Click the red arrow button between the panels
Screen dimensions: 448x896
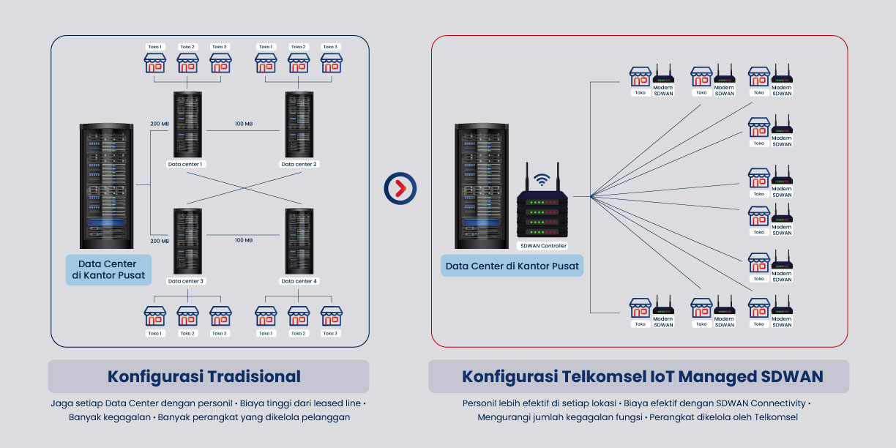tap(400, 189)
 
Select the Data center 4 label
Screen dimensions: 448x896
tap(299, 281)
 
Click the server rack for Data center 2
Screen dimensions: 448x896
tap(299, 124)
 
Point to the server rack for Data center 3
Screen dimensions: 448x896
tap(187, 241)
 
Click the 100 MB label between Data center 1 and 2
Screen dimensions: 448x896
tap(244, 124)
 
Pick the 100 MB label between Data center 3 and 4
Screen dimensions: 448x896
tap(244, 240)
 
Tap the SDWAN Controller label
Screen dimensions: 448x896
tap(542, 246)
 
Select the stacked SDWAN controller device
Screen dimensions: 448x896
tap(542, 212)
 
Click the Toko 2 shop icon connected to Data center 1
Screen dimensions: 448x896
tap(187, 63)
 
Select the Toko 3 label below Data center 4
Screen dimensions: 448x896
tap(331, 333)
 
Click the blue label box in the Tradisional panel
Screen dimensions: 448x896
tap(108, 269)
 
